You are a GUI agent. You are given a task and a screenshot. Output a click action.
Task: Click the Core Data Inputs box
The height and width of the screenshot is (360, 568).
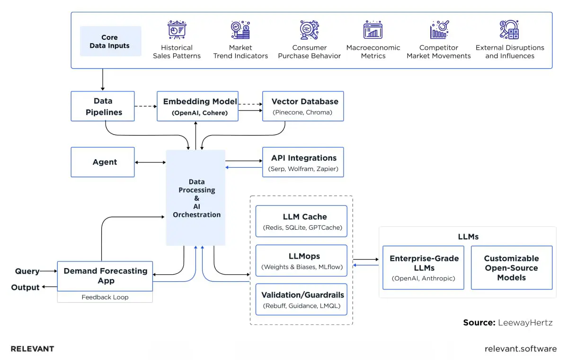pos(110,41)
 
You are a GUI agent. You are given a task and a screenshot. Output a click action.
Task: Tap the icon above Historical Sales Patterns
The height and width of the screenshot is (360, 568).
pos(177,30)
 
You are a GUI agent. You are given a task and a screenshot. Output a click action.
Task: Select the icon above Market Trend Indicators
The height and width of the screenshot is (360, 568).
pos(240,30)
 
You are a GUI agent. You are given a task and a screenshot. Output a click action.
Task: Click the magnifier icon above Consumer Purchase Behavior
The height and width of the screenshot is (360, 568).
pos(309,30)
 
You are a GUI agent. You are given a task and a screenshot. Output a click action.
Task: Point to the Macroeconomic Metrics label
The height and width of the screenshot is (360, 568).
pos(373,52)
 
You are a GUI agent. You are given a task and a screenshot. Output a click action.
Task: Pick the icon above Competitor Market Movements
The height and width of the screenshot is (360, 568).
pos(439,30)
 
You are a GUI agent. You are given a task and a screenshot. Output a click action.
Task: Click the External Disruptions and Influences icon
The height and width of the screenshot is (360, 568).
pos(509,30)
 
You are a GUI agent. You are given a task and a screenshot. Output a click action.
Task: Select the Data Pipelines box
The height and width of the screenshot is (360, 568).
pos(103,106)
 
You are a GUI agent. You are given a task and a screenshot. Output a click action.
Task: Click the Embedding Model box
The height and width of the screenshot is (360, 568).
pos(197,106)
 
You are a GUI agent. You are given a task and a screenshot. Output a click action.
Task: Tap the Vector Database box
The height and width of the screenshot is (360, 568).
pos(303,106)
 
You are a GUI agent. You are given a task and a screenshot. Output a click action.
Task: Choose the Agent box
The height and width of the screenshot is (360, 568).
pos(103,162)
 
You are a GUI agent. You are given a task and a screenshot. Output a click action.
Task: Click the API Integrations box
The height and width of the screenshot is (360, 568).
pos(303,162)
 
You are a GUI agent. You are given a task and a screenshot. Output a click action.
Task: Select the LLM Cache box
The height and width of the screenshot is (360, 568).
pos(301,221)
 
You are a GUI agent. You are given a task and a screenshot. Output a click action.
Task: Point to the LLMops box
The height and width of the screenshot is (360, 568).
pos(301,261)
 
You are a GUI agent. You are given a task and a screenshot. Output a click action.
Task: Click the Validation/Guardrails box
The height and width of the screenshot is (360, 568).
pos(301,299)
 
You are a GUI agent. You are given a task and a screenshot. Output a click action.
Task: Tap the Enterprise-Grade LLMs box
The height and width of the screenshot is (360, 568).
pos(423,268)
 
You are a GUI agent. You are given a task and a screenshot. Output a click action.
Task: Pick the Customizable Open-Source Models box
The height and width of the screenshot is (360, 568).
pos(511,268)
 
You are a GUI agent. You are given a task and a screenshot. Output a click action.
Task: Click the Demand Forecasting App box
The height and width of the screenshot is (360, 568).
pos(105,276)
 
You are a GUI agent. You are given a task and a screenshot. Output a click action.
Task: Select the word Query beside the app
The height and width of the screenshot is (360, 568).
pos(27,271)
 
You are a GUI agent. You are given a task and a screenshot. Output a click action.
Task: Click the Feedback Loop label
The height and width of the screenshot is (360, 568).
pos(105,297)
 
